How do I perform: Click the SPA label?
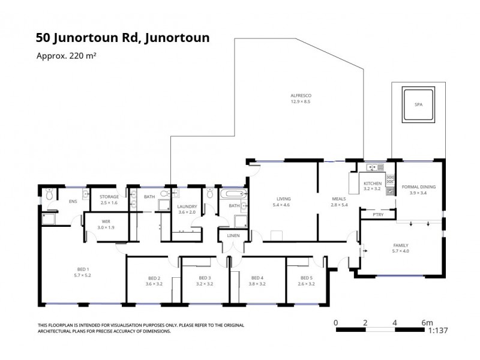pyautogui.click(x=418, y=104)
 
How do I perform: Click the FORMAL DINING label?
pyautogui.click(x=418, y=187)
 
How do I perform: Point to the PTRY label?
pyautogui.click(x=378, y=214)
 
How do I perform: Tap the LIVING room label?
pyautogui.click(x=283, y=199)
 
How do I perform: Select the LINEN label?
pyautogui.click(x=234, y=236)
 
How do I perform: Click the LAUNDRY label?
pyautogui.click(x=187, y=206)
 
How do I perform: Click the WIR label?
pyautogui.click(x=106, y=221)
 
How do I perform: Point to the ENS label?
pyautogui.click(x=73, y=201)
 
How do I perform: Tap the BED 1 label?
pyautogui.click(x=82, y=269)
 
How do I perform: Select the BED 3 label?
pyautogui.click(x=205, y=278)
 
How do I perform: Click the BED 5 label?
pyautogui.click(x=307, y=278)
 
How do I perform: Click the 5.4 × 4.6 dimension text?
pyautogui.click(x=283, y=205)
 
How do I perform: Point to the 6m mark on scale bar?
pyautogui.click(x=427, y=322)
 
